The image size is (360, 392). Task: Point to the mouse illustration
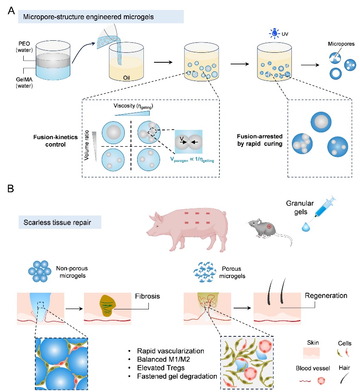pos(266,235)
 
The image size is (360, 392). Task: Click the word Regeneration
pos(325,296)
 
